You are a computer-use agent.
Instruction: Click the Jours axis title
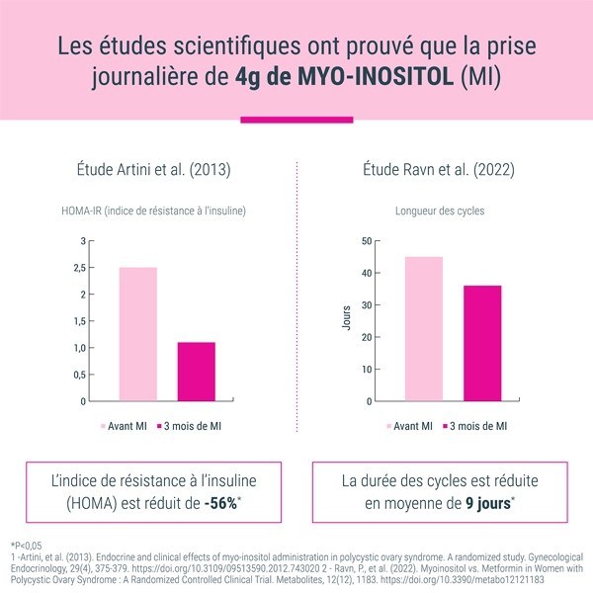pyautogui.click(x=346, y=321)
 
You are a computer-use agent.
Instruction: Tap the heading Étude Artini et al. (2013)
pyautogui.click(x=152, y=169)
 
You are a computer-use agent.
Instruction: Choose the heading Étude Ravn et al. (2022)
pyautogui.click(x=440, y=169)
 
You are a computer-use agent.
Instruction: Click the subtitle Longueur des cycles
pyautogui.click(x=439, y=211)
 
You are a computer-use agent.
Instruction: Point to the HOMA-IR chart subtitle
pyautogui.click(x=152, y=211)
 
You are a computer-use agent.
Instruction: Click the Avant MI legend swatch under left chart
pyautogui.click(x=104, y=426)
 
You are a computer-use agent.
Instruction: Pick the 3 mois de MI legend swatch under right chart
pyautogui.click(x=445, y=426)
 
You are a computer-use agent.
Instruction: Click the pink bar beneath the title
pyautogui.click(x=296, y=120)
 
